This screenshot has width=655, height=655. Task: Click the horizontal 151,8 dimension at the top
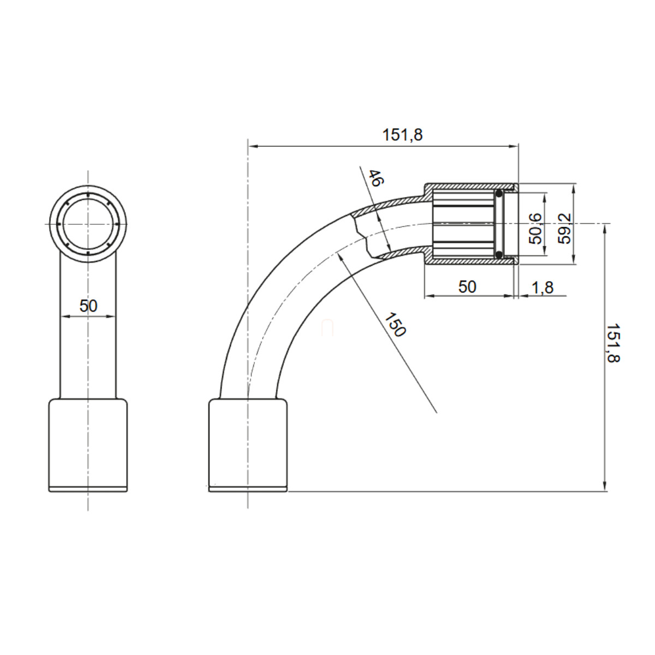point(402,135)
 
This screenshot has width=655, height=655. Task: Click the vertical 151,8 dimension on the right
point(613,343)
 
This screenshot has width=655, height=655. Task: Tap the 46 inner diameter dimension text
point(375,178)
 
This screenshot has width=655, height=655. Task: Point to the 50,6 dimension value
point(535,228)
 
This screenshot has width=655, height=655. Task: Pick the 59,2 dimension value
point(565,228)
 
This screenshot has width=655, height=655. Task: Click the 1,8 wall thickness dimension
point(543,288)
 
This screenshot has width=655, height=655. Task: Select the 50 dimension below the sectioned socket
point(467,287)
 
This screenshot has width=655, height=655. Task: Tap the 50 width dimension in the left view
point(88,306)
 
